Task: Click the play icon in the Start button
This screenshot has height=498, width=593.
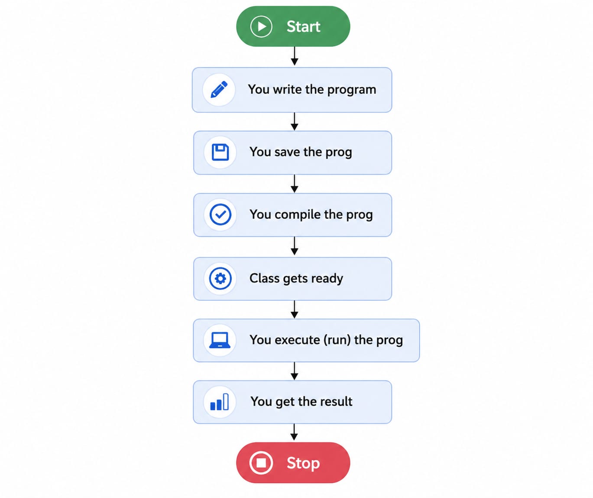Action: (261, 26)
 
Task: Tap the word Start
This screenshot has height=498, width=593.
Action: (303, 27)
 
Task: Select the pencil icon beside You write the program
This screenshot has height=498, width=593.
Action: (219, 90)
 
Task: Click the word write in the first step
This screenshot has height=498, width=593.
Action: (287, 90)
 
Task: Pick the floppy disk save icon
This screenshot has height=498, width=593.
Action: (220, 153)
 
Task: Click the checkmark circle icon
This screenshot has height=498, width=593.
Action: (220, 215)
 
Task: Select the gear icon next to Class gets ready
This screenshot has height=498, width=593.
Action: (220, 278)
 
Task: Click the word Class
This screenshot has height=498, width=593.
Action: (264, 278)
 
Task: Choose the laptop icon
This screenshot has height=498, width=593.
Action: (220, 340)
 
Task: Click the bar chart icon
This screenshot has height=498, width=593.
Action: (219, 402)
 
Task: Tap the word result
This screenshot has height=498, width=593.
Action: (336, 402)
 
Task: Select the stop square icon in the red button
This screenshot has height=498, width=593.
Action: (261, 463)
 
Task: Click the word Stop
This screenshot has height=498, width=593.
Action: (303, 463)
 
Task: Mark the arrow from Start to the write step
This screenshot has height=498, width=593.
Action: (295, 56)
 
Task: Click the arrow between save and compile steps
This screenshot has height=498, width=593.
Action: (295, 184)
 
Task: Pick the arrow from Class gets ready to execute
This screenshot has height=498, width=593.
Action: (295, 309)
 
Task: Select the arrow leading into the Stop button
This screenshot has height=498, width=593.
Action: (294, 432)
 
